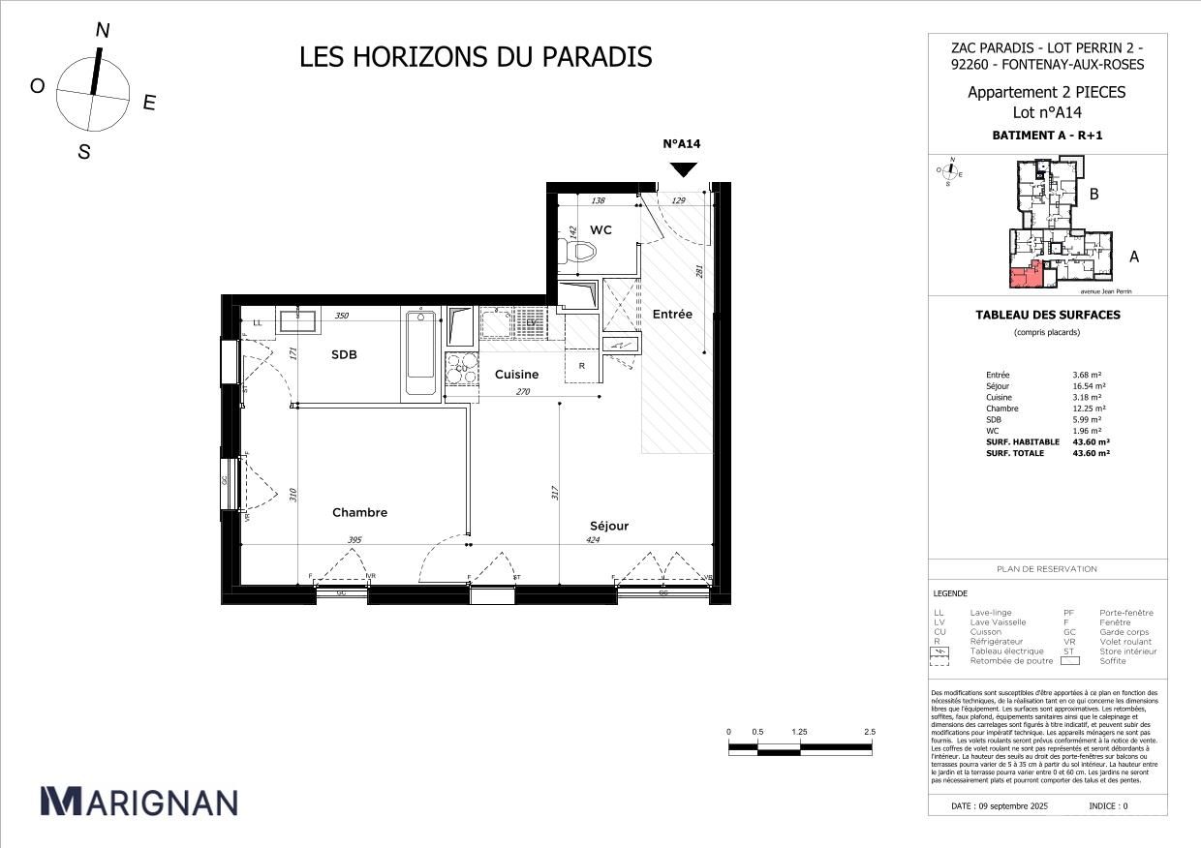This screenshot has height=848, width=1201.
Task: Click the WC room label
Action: [600, 229]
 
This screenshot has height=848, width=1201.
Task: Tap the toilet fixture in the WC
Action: [581, 252]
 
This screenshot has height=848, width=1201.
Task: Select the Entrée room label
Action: [671, 315]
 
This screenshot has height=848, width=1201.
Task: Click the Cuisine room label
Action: [516, 375]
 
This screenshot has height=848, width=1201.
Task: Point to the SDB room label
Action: [344, 355]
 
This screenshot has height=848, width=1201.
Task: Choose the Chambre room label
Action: [359, 513]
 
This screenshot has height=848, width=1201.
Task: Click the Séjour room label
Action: [609, 526]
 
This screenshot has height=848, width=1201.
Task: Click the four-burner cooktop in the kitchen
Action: [461, 369]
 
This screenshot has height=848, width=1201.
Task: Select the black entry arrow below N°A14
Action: [684, 169]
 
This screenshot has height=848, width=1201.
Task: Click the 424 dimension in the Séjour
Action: [593, 541]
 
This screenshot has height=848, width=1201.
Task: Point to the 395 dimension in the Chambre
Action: [354, 541]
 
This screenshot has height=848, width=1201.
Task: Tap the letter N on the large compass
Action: [102, 30]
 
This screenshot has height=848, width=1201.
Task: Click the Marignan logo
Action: [139, 802]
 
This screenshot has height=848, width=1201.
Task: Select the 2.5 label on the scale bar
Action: [869, 732]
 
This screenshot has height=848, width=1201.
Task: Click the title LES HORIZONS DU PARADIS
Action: [476, 57]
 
